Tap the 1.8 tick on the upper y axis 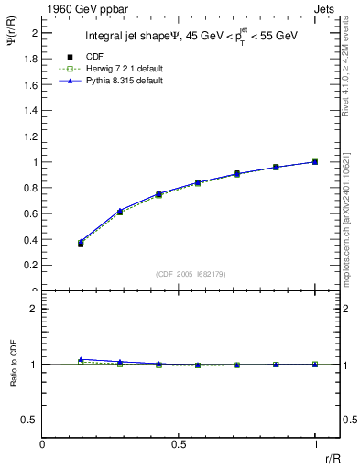point(34,59)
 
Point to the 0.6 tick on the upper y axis point(34,213)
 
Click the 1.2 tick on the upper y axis point(34,136)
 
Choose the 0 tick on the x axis point(43,446)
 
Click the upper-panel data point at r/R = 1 point(315,162)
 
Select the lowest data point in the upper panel point(81,244)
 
